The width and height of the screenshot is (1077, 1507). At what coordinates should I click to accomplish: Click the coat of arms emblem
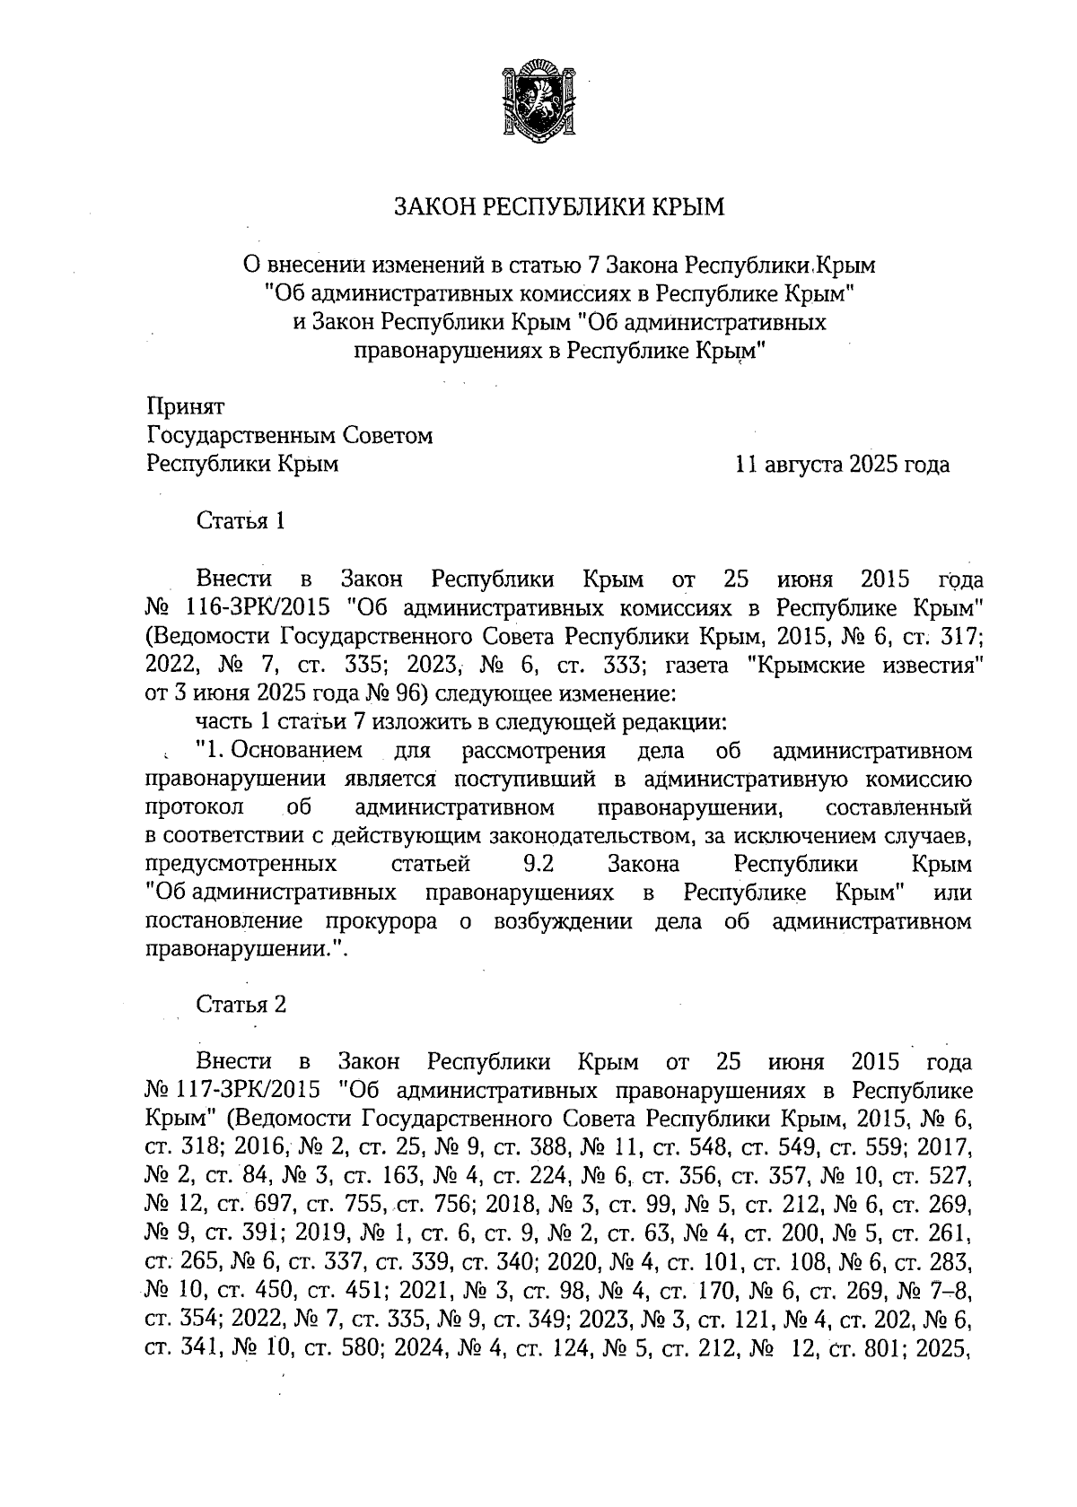point(538,97)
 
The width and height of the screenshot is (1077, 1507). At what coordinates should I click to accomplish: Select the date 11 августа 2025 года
point(842,465)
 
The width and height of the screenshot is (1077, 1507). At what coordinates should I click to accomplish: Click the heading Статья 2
point(241,1005)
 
